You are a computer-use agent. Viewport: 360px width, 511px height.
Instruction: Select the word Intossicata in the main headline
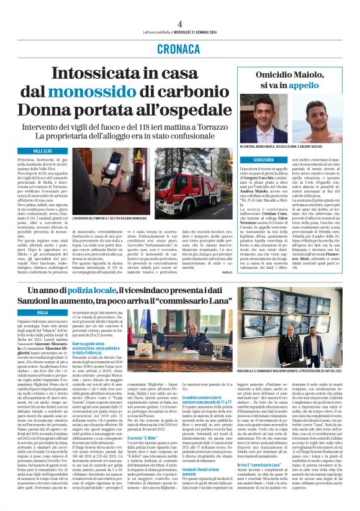pyautogui.click(x=99, y=73)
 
